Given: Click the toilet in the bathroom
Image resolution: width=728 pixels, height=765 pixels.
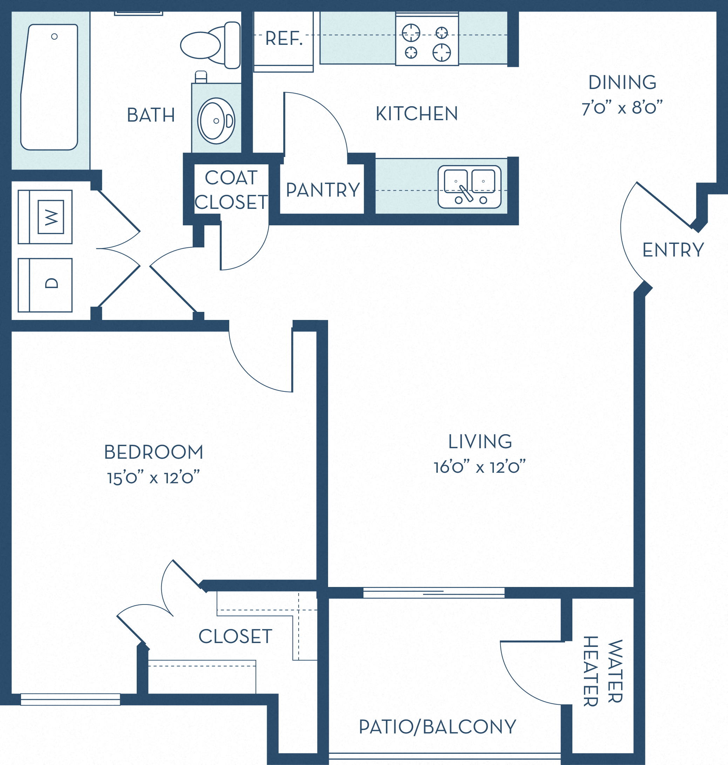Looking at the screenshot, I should click(x=210, y=46).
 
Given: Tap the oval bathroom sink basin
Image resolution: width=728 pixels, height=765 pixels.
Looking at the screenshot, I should click(x=214, y=121).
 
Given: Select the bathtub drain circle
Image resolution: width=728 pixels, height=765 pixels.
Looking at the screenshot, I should click(x=54, y=36).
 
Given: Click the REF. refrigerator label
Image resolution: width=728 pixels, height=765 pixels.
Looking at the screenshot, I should click(x=284, y=39).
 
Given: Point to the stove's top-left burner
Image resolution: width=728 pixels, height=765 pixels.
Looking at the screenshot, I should click(x=410, y=33).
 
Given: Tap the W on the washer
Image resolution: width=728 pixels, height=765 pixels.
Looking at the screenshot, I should click(x=51, y=217).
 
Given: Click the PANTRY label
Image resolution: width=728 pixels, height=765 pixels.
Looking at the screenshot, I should click(x=323, y=190).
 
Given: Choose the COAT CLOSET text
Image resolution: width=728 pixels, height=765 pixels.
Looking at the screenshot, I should click(x=231, y=190).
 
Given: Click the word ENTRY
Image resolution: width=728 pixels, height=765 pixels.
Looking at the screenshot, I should click(x=673, y=250).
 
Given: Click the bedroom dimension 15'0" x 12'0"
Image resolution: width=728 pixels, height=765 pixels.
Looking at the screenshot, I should click(x=153, y=478).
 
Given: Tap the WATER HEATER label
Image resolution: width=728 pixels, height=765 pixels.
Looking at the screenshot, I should click(x=603, y=671).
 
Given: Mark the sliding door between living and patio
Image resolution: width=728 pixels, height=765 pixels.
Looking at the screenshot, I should click(x=434, y=592).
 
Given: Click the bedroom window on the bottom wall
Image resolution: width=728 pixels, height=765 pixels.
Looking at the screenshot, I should click(x=70, y=699).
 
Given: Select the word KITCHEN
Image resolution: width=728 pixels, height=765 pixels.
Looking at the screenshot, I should click(x=416, y=114).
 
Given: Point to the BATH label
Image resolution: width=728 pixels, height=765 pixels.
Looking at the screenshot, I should click(x=151, y=115).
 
